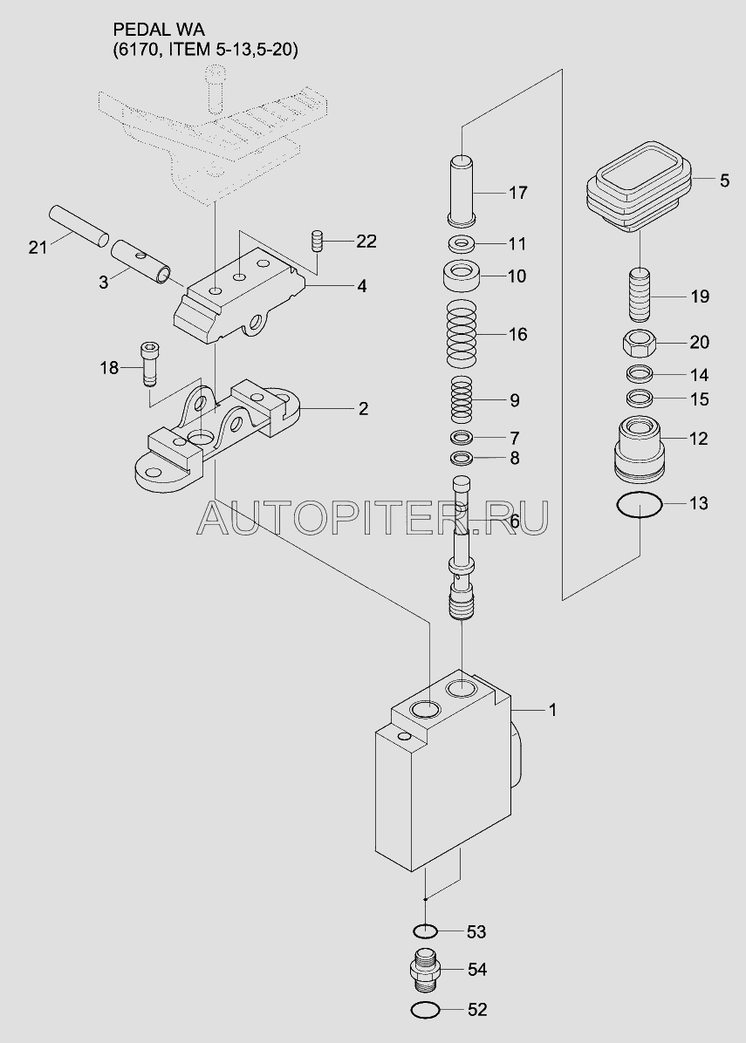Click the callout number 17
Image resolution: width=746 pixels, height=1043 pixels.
(x=517, y=193)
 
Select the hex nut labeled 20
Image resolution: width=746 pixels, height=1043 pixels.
(x=640, y=344)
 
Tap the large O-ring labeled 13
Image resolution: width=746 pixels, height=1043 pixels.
(x=640, y=504)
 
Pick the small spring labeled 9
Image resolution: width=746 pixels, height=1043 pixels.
(x=462, y=399)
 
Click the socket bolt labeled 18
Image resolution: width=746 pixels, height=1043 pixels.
(x=148, y=363)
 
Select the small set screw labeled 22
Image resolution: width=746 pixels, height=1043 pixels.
(x=318, y=240)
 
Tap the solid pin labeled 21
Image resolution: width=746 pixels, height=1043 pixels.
(x=79, y=226)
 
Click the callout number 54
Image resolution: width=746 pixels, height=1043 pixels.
(x=477, y=970)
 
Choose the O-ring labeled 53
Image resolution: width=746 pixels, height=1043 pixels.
(x=425, y=930)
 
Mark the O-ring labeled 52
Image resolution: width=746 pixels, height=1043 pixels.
(x=425, y=1011)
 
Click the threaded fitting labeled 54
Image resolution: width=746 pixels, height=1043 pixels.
(x=425, y=970)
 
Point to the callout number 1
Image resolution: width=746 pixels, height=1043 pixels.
(x=551, y=710)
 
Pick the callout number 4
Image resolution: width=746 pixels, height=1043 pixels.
(x=361, y=287)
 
